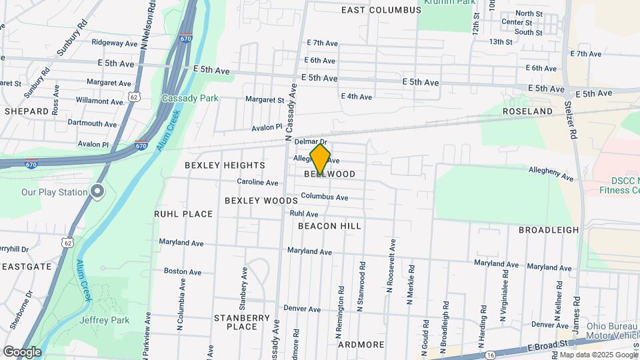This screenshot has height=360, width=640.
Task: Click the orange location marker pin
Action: coord(320,159)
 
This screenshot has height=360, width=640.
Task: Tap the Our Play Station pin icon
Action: coord(97,192)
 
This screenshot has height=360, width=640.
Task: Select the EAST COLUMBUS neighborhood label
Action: coord(381,10)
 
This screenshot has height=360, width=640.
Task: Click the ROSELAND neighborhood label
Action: coord(527,111)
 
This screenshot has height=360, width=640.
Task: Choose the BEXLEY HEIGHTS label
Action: coord(225,165)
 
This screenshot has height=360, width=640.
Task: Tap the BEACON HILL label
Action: coord(329,226)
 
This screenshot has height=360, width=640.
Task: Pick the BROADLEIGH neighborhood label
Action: coord(549,229)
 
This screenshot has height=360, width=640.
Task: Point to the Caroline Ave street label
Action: coord(257,182)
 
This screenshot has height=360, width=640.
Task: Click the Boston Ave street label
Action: coord(183,271)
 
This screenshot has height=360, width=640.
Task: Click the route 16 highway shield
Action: coord(490,355)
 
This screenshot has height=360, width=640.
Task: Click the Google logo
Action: coord(22,351)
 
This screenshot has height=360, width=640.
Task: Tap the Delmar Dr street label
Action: coord(310,142)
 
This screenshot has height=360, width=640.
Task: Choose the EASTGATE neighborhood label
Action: coord(27,266)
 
